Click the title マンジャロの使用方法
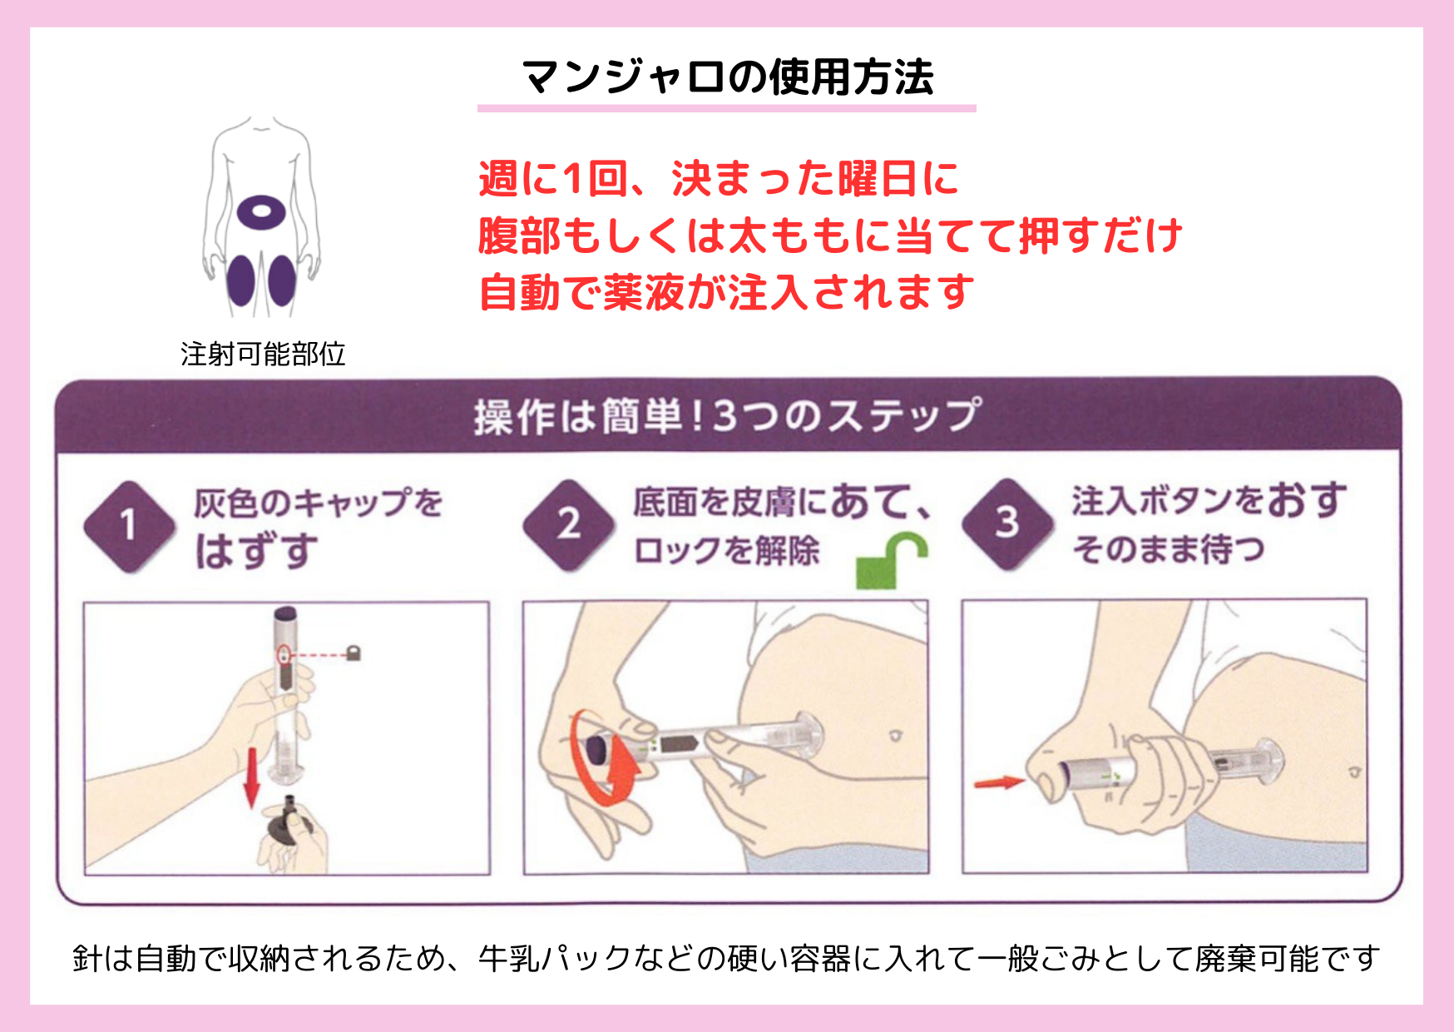(x=728, y=77)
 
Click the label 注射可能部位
(x=263, y=355)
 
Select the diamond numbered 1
(x=130, y=527)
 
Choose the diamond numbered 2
(x=569, y=525)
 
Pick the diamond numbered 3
(x=1007, y=524)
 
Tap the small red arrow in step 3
(x=1000, y=782)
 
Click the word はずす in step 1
(x=257, y=552)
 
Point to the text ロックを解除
(x=726, y=551)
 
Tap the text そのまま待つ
(x=1168, y=549)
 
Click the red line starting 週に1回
(x=720, y=179)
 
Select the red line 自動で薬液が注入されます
(x=727, y=292)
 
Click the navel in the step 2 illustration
(x=896, y=736)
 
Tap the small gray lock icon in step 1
(x=354, y=653)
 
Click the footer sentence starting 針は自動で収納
(x=726, y=959)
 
